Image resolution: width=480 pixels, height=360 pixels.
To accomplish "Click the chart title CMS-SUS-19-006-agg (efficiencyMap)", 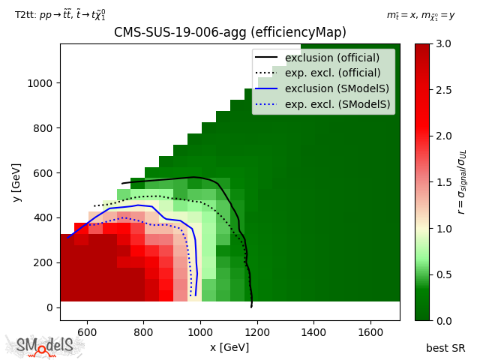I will pos(229,32).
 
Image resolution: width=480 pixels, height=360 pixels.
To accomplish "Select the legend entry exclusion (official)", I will pos(332,57).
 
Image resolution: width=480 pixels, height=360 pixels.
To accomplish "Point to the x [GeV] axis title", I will pos(229,347).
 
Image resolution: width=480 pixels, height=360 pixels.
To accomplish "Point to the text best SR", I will pos(445,347).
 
